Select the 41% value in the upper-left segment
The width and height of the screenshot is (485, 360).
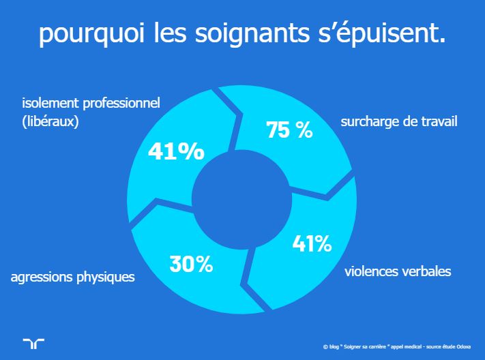point(176,151)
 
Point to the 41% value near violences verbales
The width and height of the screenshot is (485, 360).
point(312,242)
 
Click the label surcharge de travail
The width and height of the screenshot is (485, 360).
point(398,122)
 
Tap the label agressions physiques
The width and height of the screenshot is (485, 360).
point(72,277)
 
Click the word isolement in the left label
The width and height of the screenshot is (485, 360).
point(47,104)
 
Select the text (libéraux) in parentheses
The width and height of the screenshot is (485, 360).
point(50,122)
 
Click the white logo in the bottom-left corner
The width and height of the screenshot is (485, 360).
point(33,343)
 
